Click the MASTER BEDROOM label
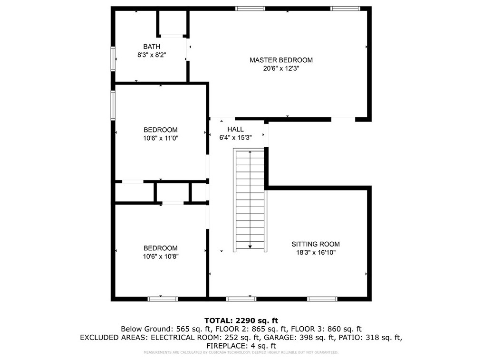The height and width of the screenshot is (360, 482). tap(281, 60)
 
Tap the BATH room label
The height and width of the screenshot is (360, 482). tap(152, 47)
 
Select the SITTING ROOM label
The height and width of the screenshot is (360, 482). tap(316, 244)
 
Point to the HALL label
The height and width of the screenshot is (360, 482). tap(235, 129)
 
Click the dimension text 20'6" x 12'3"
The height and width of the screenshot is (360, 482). tap(281, 68)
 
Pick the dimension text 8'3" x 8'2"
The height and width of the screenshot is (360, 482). tap(152, 55)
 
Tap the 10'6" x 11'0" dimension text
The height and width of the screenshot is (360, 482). tap(161, 138)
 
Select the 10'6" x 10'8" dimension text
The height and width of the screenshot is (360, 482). tap(161, 256)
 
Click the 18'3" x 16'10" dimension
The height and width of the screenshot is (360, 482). tap(316, 253)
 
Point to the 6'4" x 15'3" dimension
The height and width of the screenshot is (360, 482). tap(235, 138)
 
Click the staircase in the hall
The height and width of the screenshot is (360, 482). tap(250, 200)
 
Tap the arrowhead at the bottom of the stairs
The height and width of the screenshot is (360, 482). tap(250, 246)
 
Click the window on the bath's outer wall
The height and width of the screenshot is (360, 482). tap(113, 59)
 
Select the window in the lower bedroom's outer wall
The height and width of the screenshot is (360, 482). tap(163, 299)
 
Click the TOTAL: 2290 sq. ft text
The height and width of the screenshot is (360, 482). tap(241, 321)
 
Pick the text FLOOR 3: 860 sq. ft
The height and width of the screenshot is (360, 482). tap(326, 329)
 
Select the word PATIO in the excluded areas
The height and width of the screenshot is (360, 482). tap(351, 337)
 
